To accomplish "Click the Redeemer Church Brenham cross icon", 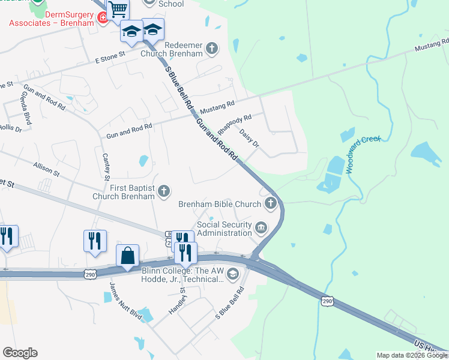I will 211,48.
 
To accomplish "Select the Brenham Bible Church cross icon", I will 271,203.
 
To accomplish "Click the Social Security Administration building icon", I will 261,227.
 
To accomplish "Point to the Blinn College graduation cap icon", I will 233,274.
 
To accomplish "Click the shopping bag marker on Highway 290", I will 128,256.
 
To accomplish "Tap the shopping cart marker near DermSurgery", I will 118,10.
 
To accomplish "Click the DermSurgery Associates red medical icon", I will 103,18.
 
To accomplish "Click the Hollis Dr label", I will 10,127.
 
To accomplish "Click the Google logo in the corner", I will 20,353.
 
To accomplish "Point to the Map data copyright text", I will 412,355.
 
